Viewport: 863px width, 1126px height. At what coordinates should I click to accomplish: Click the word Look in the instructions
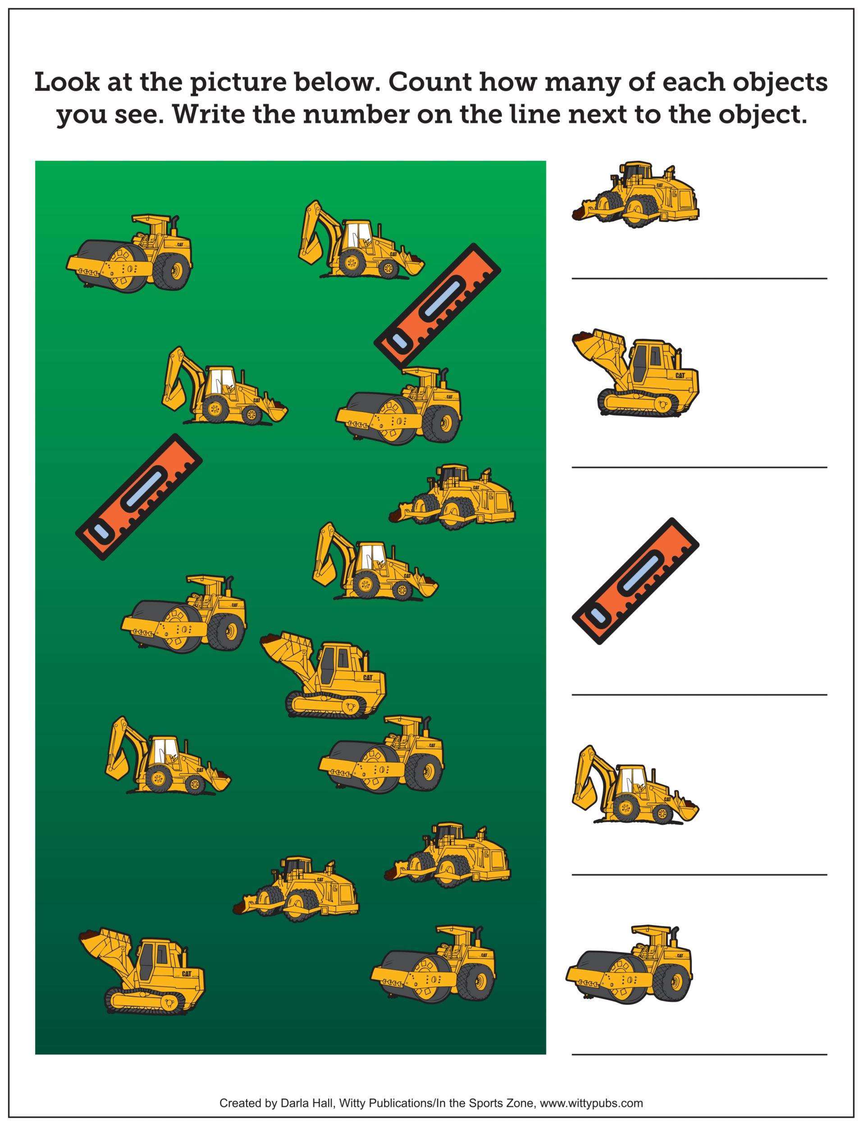[67, 83]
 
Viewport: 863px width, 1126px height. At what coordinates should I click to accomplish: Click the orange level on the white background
[635, 581]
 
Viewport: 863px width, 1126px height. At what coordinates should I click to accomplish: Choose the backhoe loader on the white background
[635, 785]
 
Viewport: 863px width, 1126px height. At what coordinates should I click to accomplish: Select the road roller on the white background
[629, 965]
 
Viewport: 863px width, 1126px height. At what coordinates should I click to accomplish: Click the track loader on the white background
[635, 372]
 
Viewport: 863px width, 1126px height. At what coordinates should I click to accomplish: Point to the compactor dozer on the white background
[635, 195]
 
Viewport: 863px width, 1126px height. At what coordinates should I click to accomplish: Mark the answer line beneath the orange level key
[699, 695]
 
